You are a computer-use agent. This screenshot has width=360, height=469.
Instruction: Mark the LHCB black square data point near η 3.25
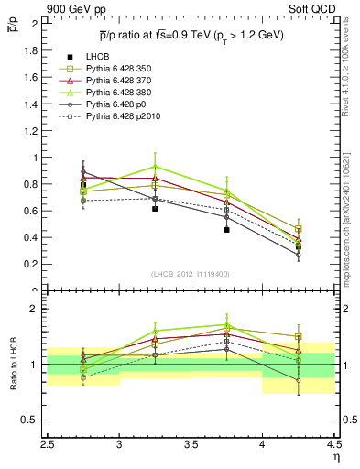tap(155, 209)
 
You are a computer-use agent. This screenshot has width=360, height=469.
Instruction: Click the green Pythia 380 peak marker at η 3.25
tap(155, 167)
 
